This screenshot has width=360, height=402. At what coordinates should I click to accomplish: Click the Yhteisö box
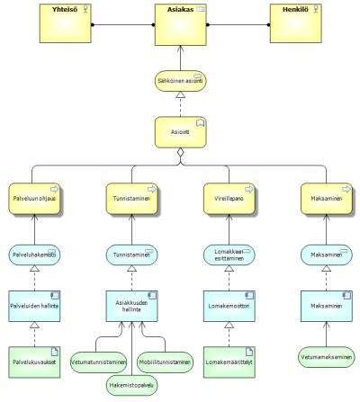click(66, 23)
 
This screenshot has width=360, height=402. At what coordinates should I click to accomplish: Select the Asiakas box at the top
click(181, 24)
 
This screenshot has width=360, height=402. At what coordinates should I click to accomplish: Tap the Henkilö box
click(296, 23)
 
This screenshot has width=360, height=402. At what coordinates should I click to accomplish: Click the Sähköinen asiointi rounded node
click(181, 81)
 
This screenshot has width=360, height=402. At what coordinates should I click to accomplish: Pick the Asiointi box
click(181, 132)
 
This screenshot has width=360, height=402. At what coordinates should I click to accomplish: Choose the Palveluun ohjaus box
click(35, 199)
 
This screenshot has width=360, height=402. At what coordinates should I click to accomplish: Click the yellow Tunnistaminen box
click(132, 199)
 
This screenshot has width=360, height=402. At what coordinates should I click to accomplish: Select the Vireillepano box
click(229, 199)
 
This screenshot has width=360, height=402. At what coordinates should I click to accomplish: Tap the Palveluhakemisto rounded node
click(34, 255)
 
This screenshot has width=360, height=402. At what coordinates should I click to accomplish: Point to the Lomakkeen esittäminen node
click(229, 255)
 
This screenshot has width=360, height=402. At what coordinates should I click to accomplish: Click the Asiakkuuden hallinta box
click(131, 306)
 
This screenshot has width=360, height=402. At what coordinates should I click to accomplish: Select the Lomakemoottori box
click(229, 306)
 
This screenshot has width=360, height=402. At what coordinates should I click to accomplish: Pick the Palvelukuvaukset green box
click(34, 362)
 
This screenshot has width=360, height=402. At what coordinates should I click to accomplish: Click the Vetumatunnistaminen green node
click(99, 362)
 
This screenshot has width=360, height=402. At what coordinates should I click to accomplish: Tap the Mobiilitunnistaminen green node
click(165, 362)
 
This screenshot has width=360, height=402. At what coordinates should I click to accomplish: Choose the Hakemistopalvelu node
click(131, 385)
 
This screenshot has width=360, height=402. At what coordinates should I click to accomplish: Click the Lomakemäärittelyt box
click(229, 362)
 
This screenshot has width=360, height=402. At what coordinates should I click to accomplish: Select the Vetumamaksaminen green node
click(327, 357)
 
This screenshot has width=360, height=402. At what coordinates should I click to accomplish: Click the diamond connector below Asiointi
click(180, 153)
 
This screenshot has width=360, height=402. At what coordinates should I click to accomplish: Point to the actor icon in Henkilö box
click(316, 9)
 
